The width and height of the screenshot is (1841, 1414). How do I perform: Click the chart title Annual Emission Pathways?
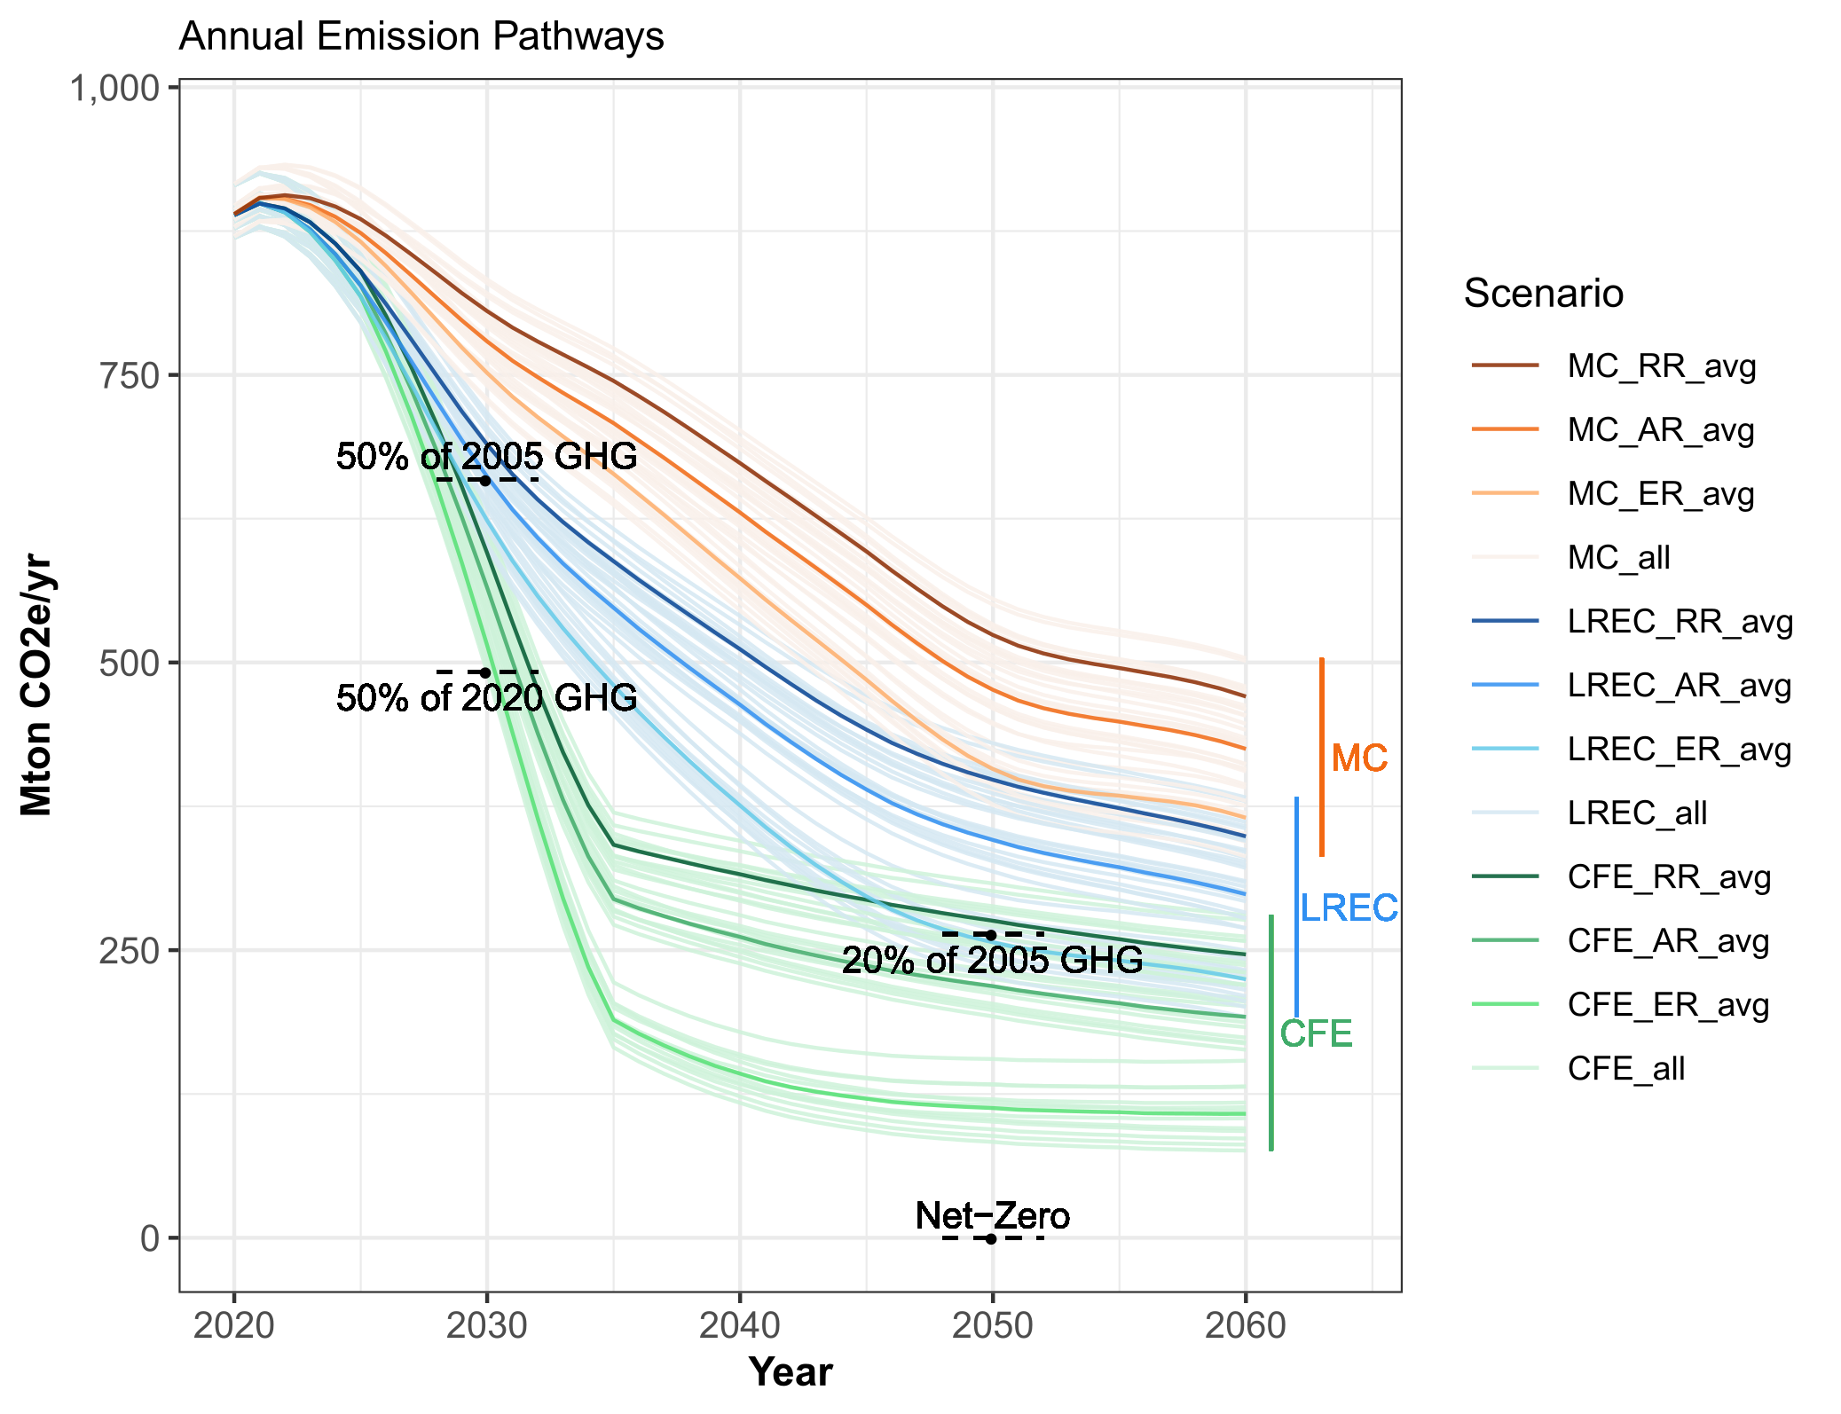point(421,37)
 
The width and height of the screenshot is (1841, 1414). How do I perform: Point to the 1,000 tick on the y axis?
point(114,88)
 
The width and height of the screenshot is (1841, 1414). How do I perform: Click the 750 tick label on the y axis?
point(128,375)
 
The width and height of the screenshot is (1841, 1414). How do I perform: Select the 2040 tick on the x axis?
point(739,1326)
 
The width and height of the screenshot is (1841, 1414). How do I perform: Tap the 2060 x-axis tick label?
point(1245,1326)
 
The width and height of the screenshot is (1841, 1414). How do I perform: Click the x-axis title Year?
point(791,1371)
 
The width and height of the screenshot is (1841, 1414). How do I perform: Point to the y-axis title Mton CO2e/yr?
point(37,684)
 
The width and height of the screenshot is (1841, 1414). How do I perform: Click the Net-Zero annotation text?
point(992,1215)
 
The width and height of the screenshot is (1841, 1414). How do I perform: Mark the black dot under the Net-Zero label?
point(991,1238)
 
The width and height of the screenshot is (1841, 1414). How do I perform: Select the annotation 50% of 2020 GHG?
point(486,698)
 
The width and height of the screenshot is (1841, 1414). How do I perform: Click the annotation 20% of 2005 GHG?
point(992,960)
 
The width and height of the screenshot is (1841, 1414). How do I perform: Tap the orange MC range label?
point(1359,758)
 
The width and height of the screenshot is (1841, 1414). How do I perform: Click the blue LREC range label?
point(1349,907)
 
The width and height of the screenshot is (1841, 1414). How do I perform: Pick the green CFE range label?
point(1316,1033)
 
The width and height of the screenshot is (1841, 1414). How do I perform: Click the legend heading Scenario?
point(1543,293)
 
